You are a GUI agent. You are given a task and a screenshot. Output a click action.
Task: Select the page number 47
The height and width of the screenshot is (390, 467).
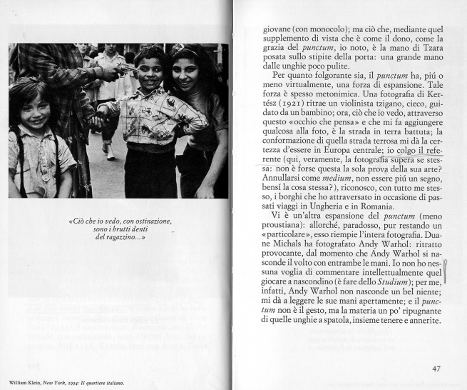(436, 369)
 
